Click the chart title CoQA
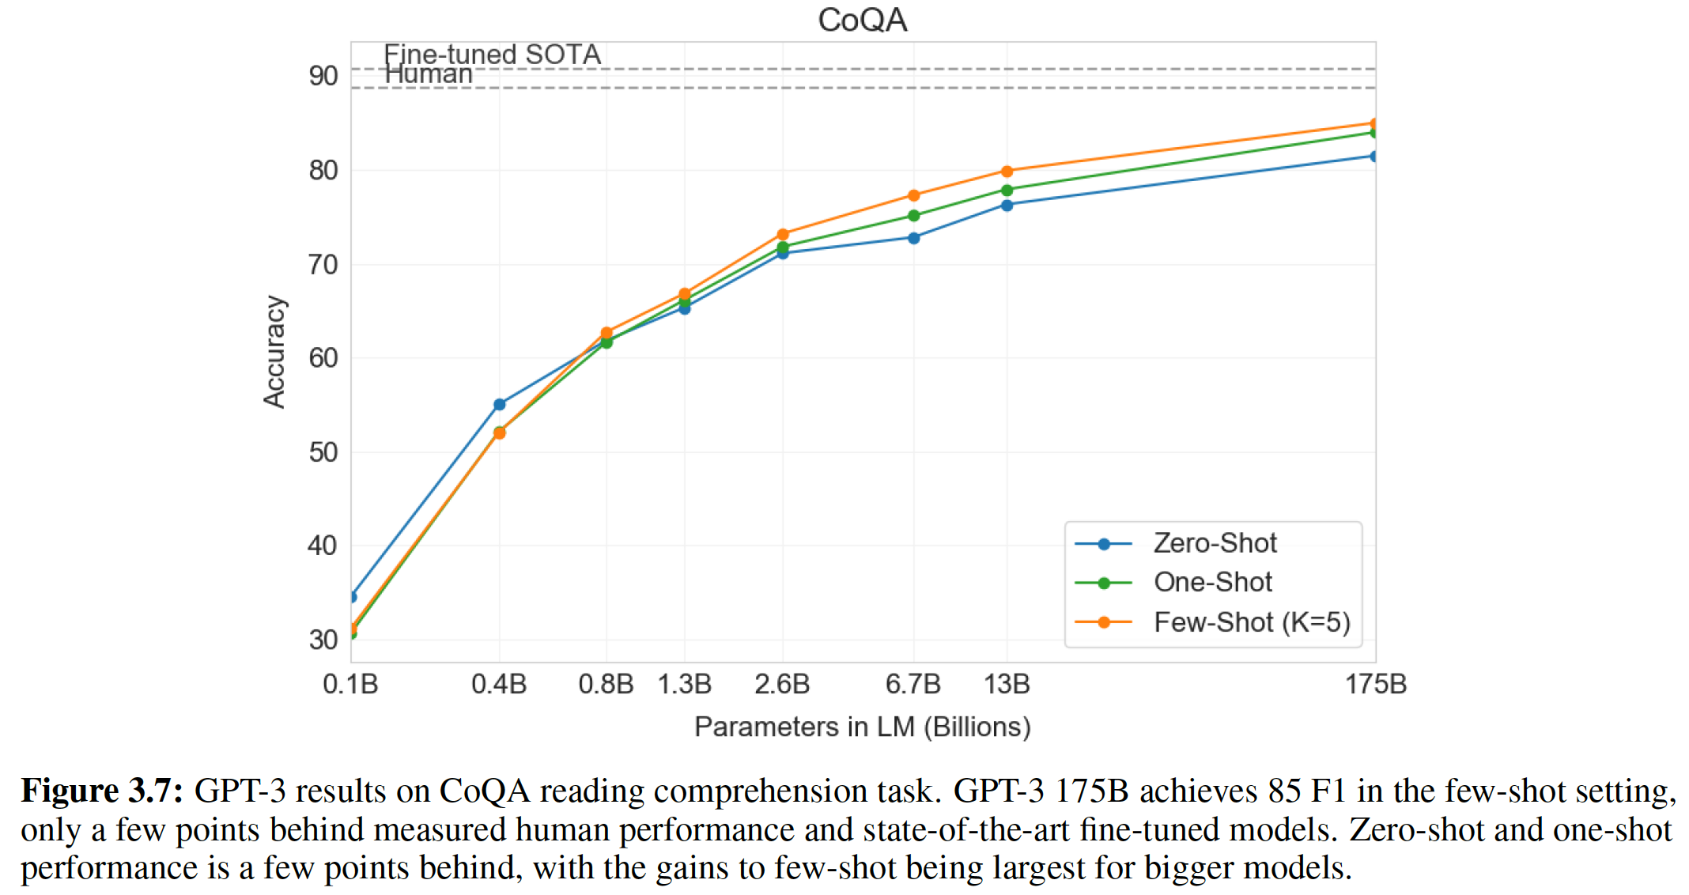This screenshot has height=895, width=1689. (862, 20)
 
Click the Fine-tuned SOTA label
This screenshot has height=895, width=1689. (492, 54)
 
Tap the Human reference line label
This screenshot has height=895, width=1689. (428, 74)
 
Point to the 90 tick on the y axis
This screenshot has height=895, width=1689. (323, 76)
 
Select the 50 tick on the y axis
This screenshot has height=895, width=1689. (323, 452)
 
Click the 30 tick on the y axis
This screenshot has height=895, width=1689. (323, 640)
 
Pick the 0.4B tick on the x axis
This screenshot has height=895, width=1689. (499, 684)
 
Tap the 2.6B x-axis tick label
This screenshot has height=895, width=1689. (782, 684)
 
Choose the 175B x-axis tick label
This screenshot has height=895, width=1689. (1376, 684)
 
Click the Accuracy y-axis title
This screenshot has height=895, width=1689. (274, 352)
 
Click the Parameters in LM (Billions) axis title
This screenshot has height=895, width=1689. (862, 727)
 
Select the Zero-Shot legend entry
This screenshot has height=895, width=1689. (1215, 543)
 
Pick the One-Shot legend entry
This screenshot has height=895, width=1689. (1212, 583)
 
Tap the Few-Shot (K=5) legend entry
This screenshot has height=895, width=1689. (1252, 622)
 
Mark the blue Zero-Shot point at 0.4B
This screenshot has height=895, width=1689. (499, 405)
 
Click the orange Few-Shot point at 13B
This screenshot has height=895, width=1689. (1007, 172)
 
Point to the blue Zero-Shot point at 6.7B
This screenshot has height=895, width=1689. (913, 238)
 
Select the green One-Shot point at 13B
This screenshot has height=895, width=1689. (1007, 191)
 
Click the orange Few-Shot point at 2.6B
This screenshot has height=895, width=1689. (783, 235)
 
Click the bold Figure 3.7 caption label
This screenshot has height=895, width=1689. (101, 791)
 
